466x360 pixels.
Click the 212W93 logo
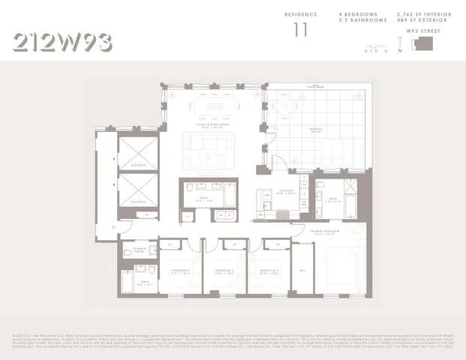coord(63,43)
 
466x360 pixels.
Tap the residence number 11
coord(301,30)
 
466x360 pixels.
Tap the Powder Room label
coord(139,249)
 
